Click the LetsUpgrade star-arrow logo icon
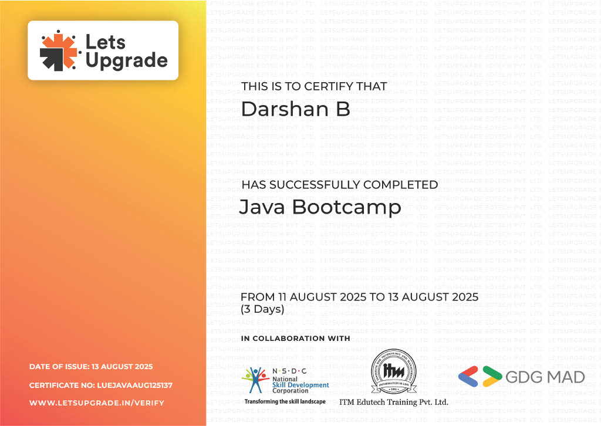click(59, 50)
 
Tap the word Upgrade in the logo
click(126, 60)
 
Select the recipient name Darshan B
click(295, 109)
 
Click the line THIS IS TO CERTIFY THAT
click(314, 86)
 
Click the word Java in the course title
click(262, 207)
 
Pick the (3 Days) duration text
click(262, 309)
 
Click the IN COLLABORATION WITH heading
click(295, 339)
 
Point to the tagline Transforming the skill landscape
click(285, 401)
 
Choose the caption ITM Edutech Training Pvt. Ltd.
click(393, 402)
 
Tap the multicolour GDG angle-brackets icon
click(480, 376)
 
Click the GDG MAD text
click(545, 377)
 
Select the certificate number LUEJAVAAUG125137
click(134, 386)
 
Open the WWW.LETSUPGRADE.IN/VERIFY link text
click(97, 403)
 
